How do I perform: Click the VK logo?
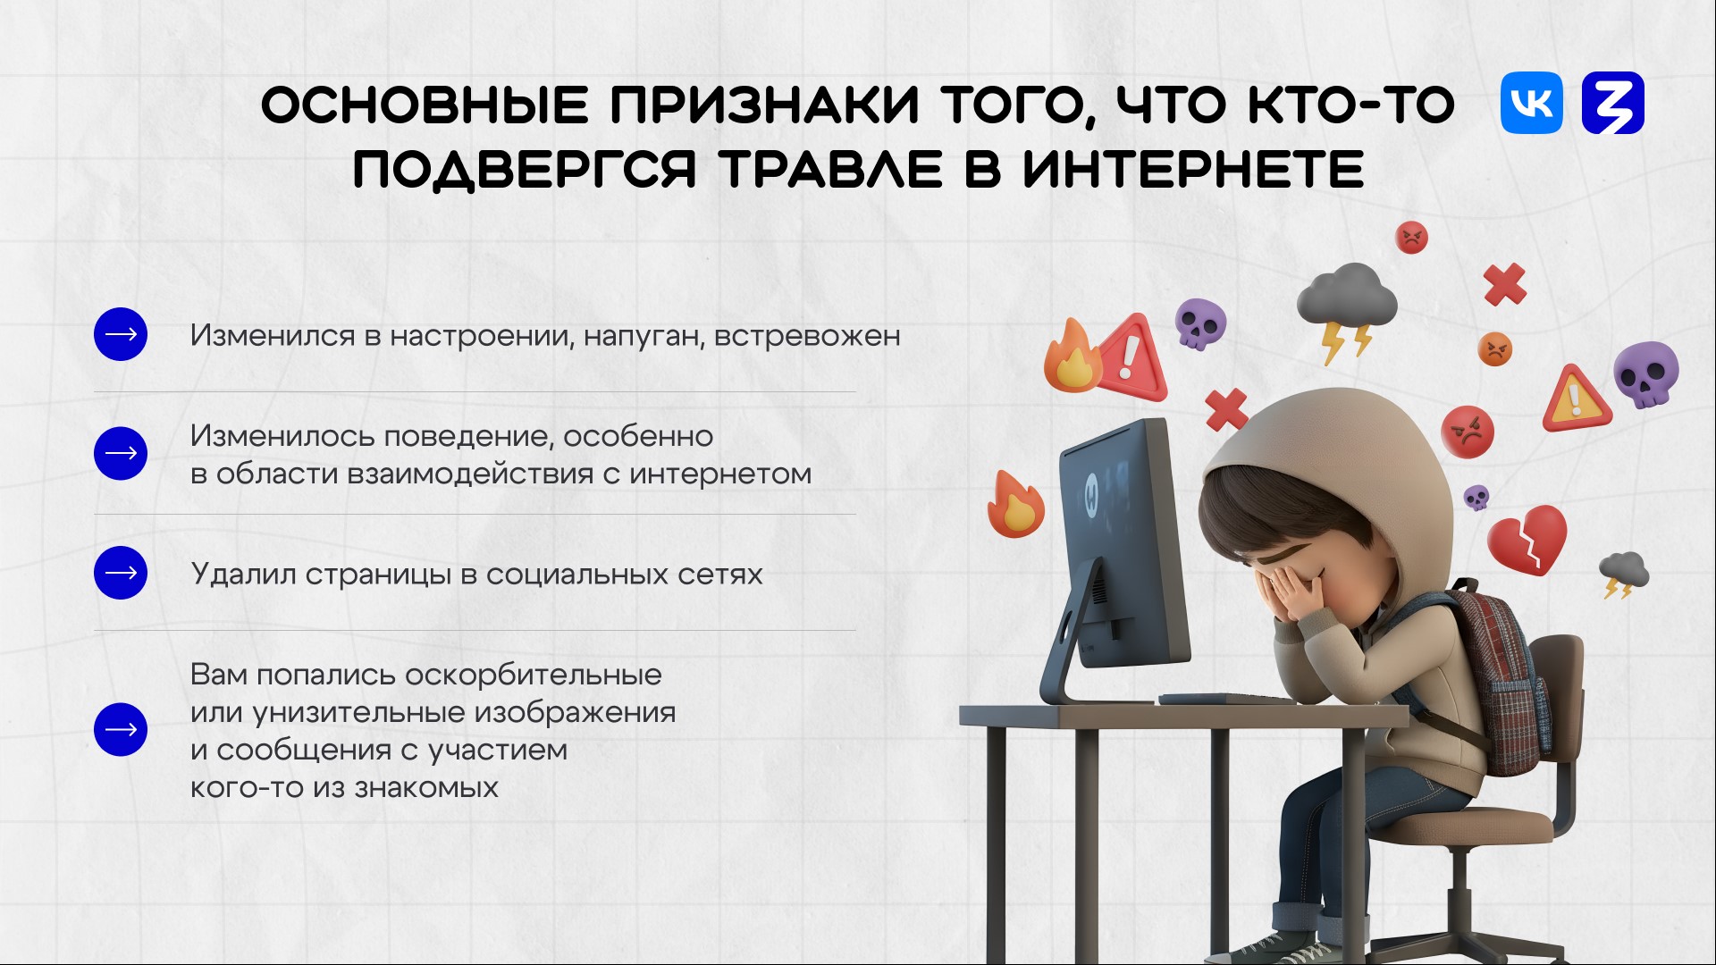(x=1532, y=103)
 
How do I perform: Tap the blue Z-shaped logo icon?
(x=1613, y=103)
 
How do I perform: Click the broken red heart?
(x=1527, y=539)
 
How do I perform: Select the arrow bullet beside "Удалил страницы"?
(x=121, y=573)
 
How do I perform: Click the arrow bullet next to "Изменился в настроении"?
(x=121, y=334)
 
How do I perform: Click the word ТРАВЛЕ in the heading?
(x=830, y=170)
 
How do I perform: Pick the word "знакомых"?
(x=426, y=788)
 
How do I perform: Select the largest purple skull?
(x=1646, y=373)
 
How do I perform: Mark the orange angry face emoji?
(x=1494, y=348)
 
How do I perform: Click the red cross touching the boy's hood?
(x=1226, y=410)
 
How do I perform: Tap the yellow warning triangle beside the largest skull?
(x=1576, y=399)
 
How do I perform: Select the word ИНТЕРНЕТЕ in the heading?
(x=1193, y=170)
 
